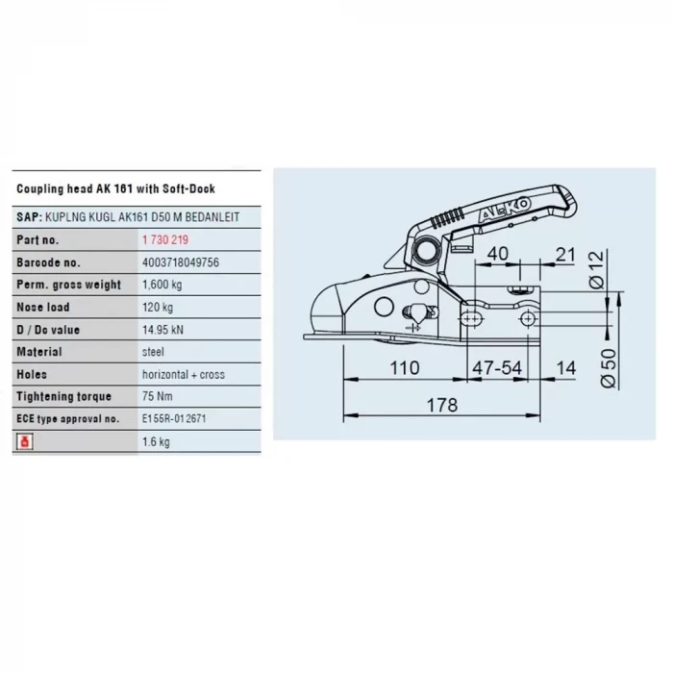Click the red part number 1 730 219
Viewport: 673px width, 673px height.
(165, 239)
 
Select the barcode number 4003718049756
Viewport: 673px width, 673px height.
(181, 262)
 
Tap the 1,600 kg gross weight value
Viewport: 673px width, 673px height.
(162, 285)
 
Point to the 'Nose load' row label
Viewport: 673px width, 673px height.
(43, 307)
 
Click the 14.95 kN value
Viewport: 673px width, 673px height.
(162, 330)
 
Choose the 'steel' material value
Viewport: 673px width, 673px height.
(153, 352)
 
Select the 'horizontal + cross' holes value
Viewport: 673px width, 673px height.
(184, 374)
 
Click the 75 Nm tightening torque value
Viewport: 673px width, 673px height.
(157, 396)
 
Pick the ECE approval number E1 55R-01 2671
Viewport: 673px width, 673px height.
(174, 418)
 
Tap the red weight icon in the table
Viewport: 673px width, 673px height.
(24, 441)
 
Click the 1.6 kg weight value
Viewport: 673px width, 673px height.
(156, 441)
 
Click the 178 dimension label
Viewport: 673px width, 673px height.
(442, 405)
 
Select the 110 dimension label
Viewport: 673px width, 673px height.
(405, 368)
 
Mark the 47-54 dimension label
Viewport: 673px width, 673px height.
(497, 368)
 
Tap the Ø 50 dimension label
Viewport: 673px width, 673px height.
(609, 368)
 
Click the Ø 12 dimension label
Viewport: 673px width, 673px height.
(597, 270)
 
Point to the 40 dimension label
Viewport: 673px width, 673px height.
(498, 254)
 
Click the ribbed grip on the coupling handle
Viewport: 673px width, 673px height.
(446, 218)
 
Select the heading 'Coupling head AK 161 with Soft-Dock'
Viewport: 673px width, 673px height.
(116, 188)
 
